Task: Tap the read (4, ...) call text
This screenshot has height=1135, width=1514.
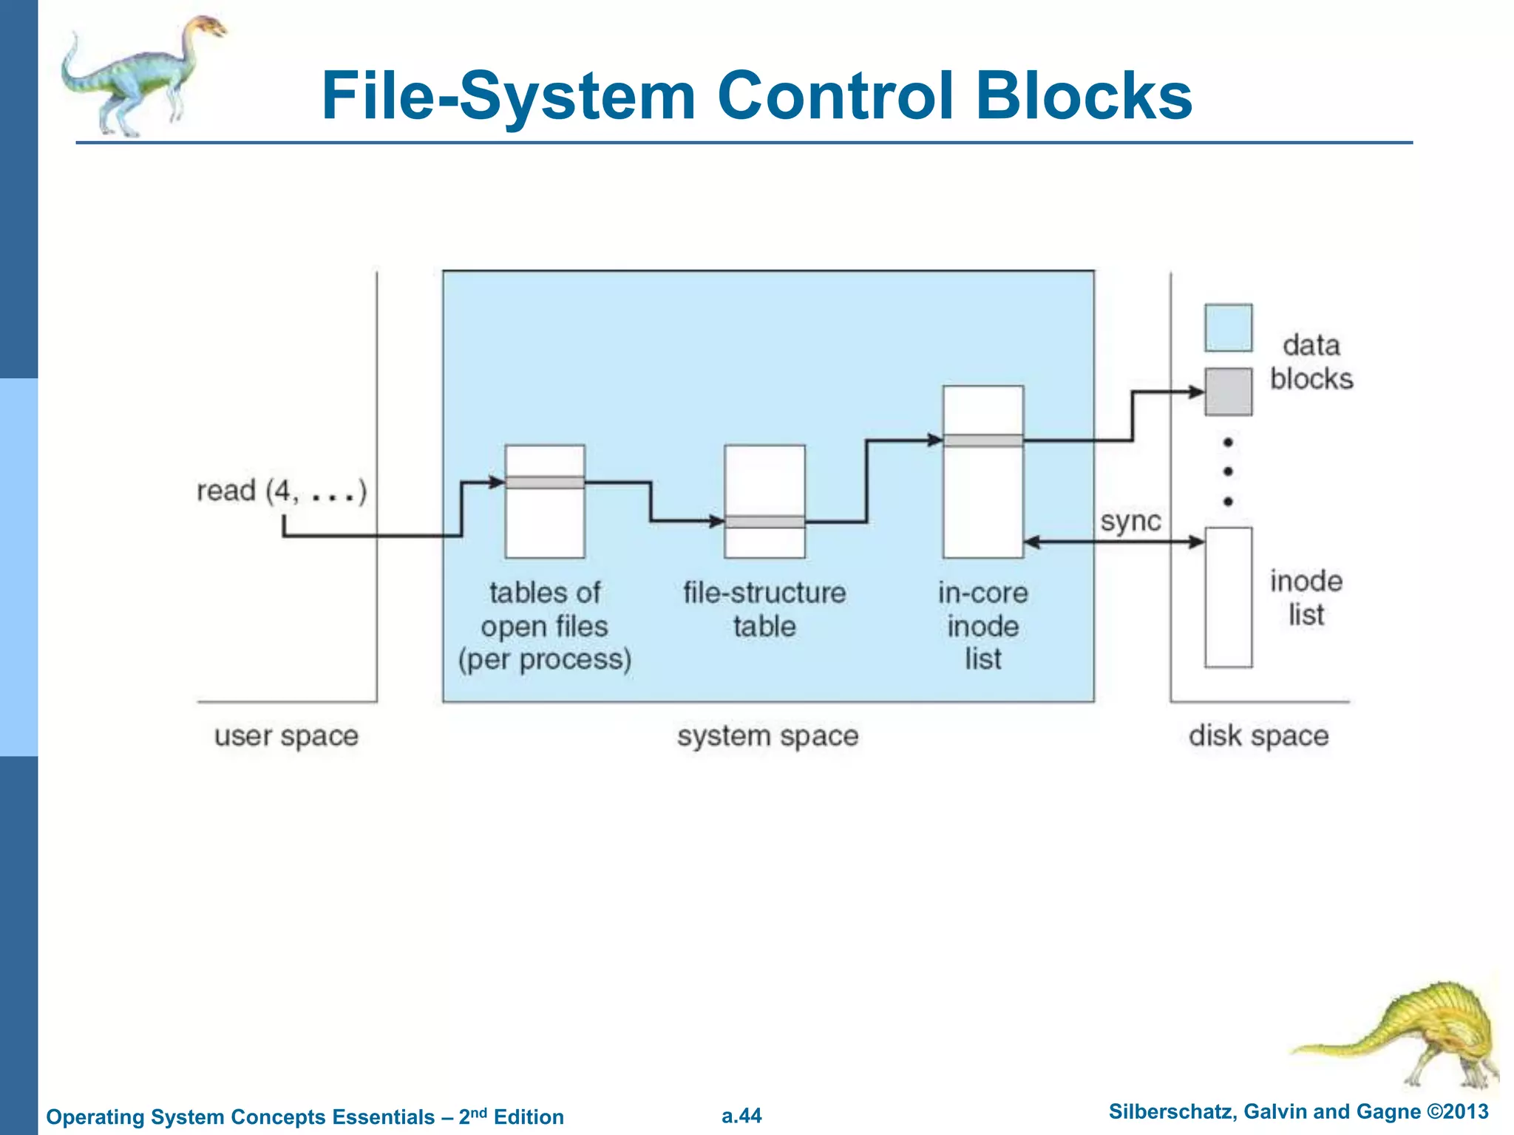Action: point(281,491)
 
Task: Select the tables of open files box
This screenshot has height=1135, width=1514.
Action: point(545,517)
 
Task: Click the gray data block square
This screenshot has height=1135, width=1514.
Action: point(1228,392)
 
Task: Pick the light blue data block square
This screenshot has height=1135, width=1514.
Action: point(1228,327)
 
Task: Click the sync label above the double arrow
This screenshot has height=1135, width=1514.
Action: point(1130,522)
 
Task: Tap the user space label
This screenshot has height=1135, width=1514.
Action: point(286,736)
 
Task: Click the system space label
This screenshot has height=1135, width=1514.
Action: point(767,736)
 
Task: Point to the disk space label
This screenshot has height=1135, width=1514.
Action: point(1258,736)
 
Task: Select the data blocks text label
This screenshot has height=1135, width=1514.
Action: point(1311,362)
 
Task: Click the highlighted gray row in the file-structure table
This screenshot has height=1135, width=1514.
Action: point(764,522)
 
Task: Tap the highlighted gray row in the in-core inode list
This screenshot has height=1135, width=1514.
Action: point(982,440)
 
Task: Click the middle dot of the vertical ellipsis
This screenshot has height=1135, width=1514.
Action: point(1228,471)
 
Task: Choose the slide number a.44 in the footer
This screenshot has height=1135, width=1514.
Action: point(741,1116)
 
